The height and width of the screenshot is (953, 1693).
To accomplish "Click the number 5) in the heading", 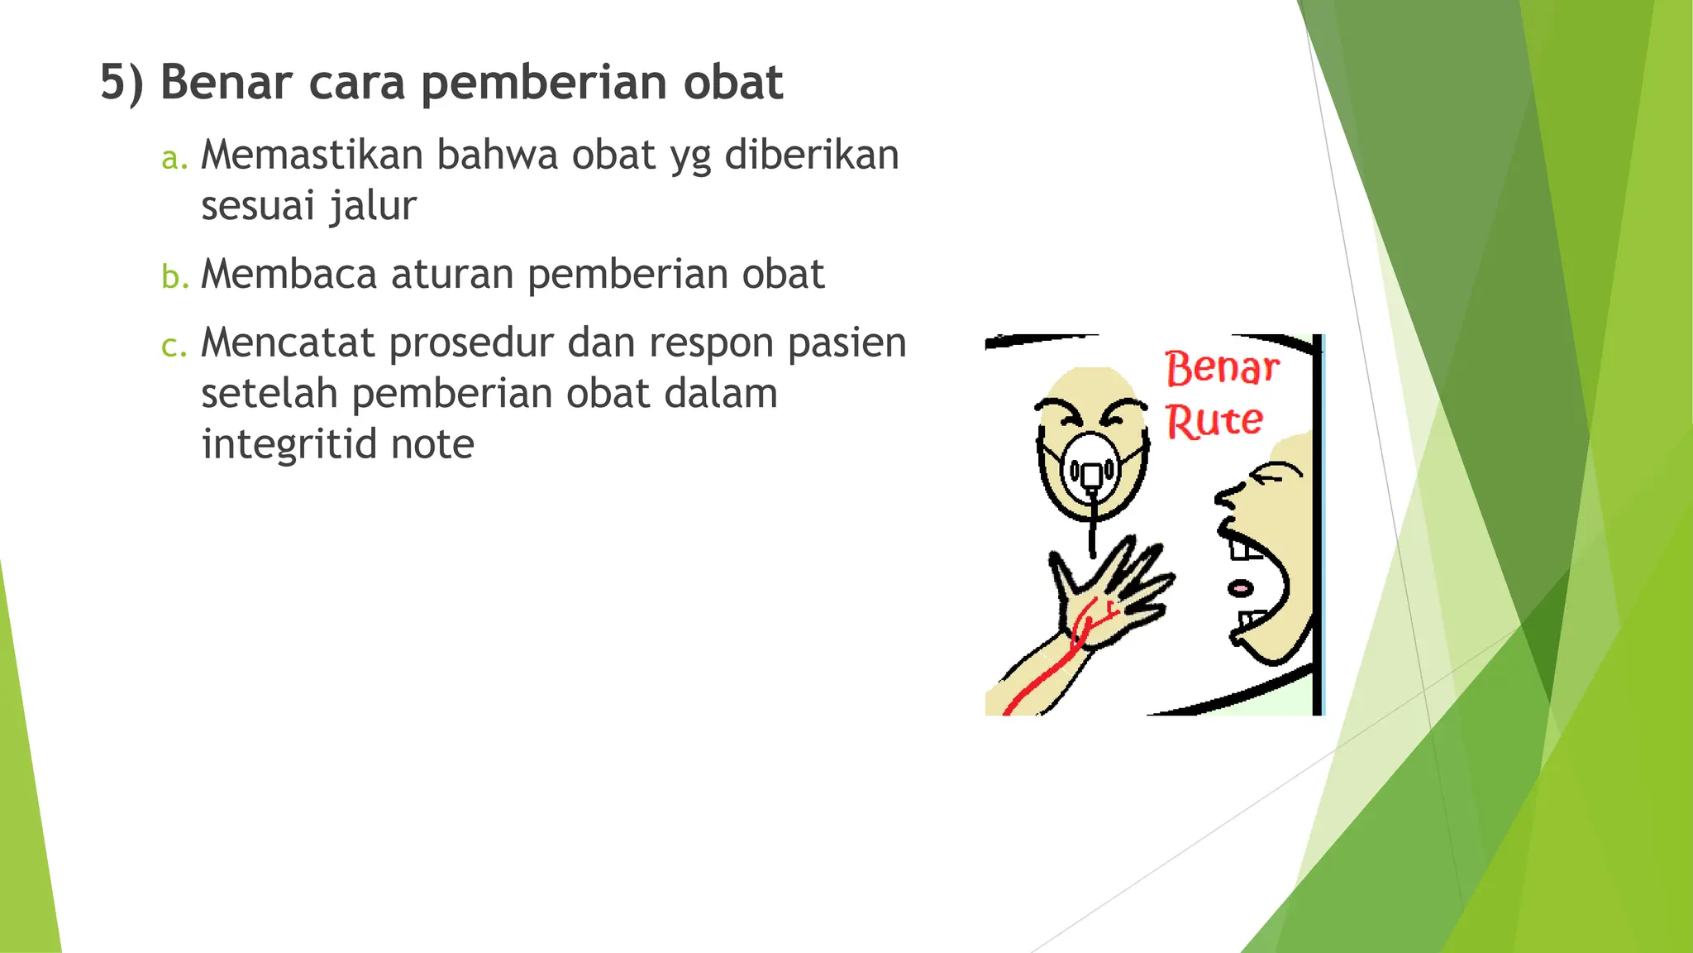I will pos(122,83).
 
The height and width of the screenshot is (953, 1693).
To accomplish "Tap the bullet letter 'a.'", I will pos(174,157).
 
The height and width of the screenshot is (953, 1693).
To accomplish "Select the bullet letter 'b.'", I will pos(174,276).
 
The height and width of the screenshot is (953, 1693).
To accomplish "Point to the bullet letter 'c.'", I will pos(174,345).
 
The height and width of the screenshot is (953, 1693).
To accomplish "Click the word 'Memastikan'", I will pos(312,155).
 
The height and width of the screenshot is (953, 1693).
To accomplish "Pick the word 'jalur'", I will pos(373,206).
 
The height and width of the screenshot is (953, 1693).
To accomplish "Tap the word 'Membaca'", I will pos(289,274).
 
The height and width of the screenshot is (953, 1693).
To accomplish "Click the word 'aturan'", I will pos(452,274).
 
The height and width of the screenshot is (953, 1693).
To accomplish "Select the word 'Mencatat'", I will pos(288,342).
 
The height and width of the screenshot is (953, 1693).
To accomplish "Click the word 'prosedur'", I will pos(471,344).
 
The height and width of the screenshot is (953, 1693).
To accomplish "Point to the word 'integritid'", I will pos(289,445).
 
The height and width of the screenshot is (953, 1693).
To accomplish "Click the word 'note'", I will pos(432,445).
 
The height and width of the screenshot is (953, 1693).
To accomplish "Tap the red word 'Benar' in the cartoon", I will pos(1222,368).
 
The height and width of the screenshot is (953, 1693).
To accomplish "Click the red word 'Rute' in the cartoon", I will pos(1214,421).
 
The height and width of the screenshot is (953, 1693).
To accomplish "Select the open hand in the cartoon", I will pos(1112,591).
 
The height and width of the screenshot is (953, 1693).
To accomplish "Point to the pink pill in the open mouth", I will pos(1241,588).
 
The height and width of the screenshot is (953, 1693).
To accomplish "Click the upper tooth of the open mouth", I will pos(1242,547).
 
